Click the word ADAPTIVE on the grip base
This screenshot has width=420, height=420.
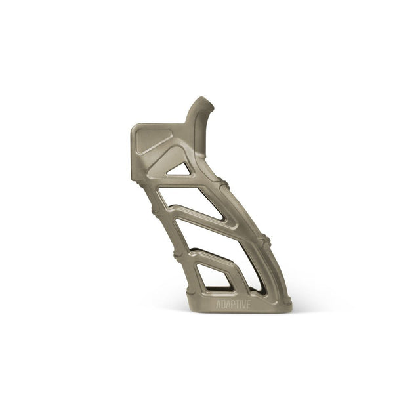(x=234, y=304)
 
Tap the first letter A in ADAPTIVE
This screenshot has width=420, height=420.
(x=219, y=304)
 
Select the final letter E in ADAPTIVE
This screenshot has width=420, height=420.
(x=249, y=304)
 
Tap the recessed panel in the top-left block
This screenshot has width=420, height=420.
(x=152, y=140)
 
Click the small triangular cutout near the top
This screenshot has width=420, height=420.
(x=180, y=170)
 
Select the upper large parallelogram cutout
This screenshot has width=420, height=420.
(x=192, y=202)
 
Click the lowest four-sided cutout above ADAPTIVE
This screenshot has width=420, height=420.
(x=213, y=276)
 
